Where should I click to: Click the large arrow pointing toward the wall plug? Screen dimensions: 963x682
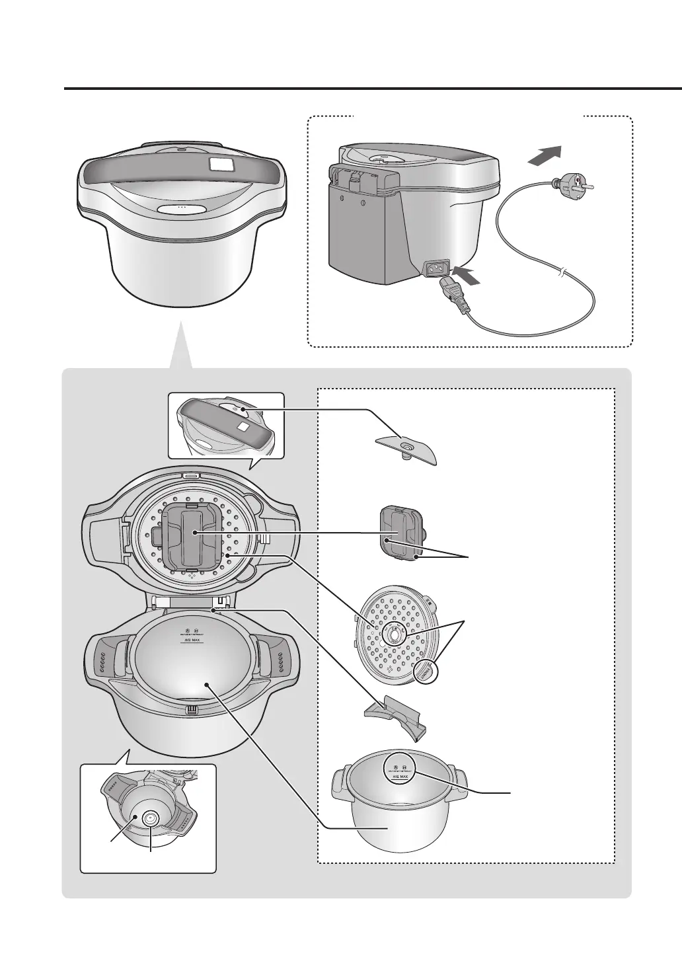(x=546, y=156)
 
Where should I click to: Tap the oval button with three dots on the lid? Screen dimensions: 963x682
(x=181, y=208)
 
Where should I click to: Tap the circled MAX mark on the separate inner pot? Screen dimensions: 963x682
(x=401, y=769)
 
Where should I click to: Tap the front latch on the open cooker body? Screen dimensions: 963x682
(x=192, y=711)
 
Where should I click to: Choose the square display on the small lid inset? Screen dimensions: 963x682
(x=243, y=428)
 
